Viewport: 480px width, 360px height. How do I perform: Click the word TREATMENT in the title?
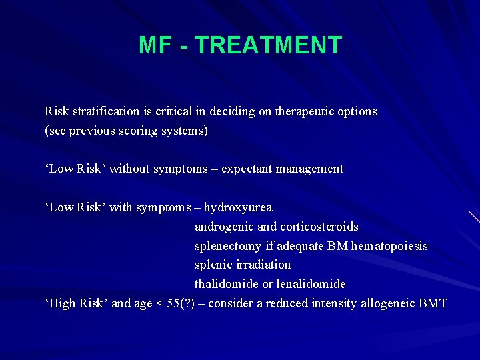(x=269, y=45)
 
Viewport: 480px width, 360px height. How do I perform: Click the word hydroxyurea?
(x=238, y=207)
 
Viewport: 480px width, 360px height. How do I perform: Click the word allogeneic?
(x=389, y=303)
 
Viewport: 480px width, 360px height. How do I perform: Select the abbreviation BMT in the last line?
(x=434, y=303)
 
